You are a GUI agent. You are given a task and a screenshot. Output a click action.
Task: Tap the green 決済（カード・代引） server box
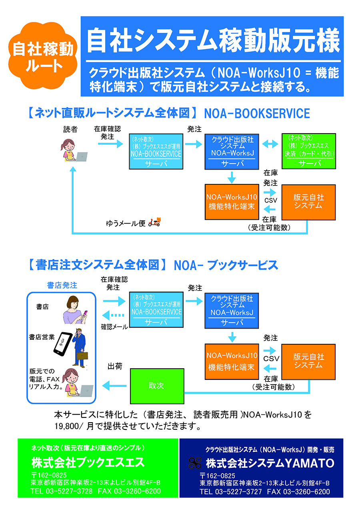[309, 151]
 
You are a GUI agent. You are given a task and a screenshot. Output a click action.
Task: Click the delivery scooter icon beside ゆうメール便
[154, 222]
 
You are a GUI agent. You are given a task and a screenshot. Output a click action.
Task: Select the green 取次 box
[157, 386]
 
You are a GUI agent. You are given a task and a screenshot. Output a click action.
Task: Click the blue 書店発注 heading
[62, 285]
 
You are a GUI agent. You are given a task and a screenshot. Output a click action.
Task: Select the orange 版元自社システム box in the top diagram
[308, 202]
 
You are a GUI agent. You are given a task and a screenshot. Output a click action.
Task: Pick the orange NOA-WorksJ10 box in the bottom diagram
[232, 361]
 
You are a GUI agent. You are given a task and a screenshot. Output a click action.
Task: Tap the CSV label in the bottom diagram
[271, 358]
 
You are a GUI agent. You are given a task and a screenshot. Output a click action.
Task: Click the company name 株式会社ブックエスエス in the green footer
[88, 463]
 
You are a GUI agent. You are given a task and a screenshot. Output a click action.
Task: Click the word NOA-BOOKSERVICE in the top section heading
[257, 114]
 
